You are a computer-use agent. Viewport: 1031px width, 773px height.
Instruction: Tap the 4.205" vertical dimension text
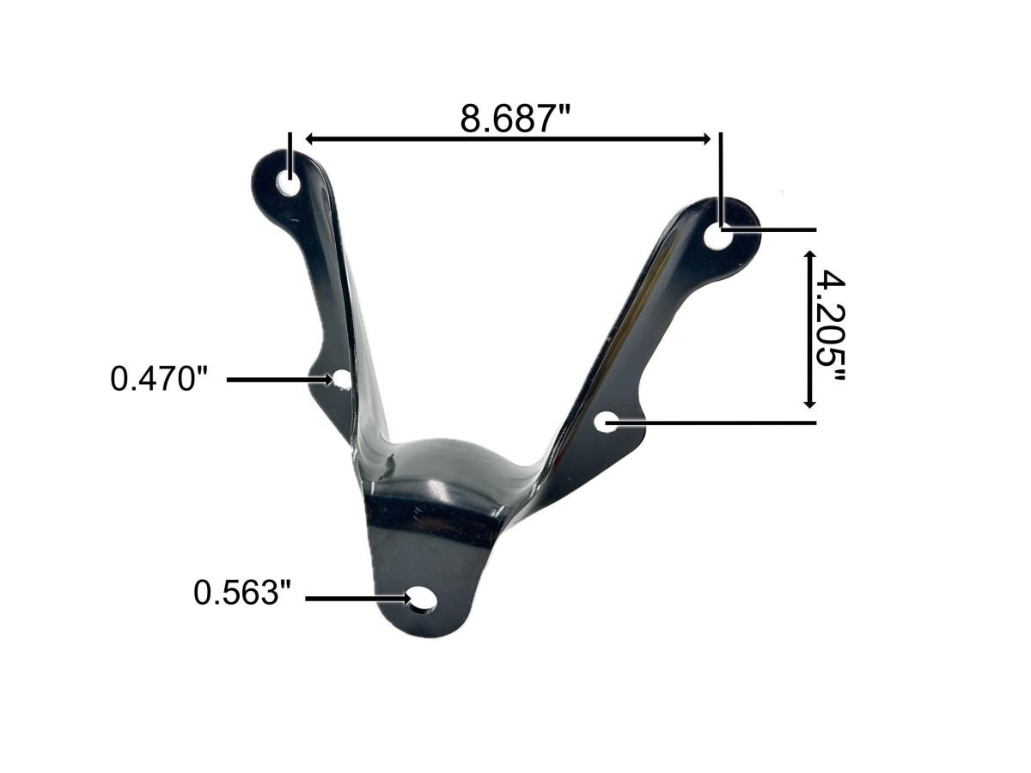(x=828, y=329)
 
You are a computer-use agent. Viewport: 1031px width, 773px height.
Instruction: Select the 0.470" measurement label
(x=160, y=378)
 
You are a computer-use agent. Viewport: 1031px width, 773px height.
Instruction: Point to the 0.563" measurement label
(x=242, y=593)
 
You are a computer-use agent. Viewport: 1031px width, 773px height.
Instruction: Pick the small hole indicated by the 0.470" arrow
(x=342, y=379)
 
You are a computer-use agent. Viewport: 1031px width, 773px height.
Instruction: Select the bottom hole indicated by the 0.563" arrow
(x=421, y=600)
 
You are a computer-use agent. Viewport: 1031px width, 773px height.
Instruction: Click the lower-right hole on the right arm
(x=607, y=422)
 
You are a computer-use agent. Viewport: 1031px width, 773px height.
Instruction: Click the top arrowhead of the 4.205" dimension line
(x=809, y=257)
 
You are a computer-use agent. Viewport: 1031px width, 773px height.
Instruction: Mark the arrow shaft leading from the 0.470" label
(x=275, y=378)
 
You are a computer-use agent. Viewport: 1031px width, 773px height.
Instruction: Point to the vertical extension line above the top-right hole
(x=720, y=172)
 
